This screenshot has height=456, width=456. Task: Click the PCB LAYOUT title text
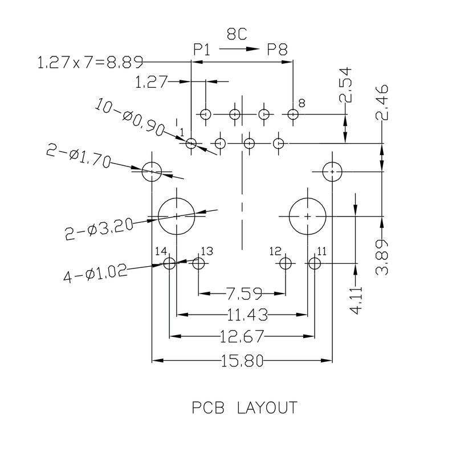243,408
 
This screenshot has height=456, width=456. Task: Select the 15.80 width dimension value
242,361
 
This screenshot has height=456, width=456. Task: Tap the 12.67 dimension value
242,337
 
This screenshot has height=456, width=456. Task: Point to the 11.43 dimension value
242,314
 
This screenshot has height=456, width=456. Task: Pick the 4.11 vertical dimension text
356,300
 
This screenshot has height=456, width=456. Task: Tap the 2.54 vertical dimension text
345,85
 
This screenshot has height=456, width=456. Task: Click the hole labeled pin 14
169,263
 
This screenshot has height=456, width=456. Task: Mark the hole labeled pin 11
315,263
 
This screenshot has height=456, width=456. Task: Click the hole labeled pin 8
293,115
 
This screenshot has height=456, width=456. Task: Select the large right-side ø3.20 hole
308,217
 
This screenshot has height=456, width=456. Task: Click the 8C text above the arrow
237,35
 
